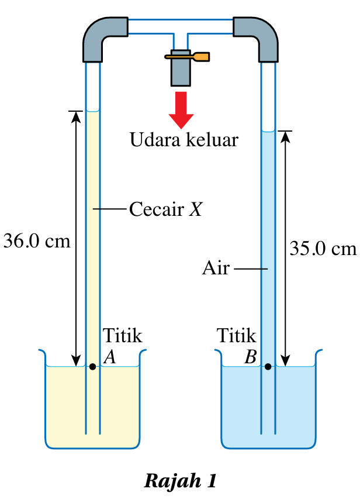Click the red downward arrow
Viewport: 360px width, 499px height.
(x=181, y=110)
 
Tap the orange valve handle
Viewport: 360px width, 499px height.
(x=188, y=57)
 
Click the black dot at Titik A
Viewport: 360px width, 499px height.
(x=92, y=367)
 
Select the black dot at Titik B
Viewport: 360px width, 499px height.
(x=268, y=367)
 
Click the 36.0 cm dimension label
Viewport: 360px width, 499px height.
(x=37, y=241)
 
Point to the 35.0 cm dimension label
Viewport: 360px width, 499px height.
(x=323, y=249)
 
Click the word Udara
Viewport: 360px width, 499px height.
(x=155, y=139)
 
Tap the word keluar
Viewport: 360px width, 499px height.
(x=212, y=139)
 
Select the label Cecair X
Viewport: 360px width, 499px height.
(x=166, y=209)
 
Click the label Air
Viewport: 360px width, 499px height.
(x=216, y=268)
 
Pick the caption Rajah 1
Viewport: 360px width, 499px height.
(x=181, y=480)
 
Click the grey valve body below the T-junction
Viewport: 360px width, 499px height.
(x=181, y=68)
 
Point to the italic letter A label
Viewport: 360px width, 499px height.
(x=110, y=356)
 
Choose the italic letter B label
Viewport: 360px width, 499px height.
(x=250, y=356)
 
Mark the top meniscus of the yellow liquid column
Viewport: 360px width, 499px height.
(x=93, y=111)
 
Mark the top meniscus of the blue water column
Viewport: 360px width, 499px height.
(x=268, y=131)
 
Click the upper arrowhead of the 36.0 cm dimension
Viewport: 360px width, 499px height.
(x=76, y=116)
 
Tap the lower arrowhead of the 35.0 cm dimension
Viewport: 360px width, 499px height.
(x=286, y=361)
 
